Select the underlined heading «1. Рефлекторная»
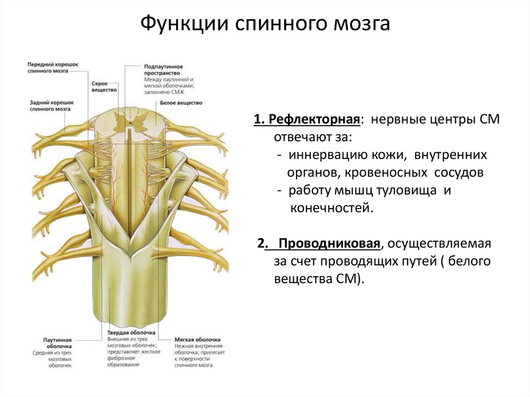pyautogui.click(x=307, y=120)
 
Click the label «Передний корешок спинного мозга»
pyautogui.click(x=52, y=67)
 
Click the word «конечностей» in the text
pyautogui.click(x=328, y=208)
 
